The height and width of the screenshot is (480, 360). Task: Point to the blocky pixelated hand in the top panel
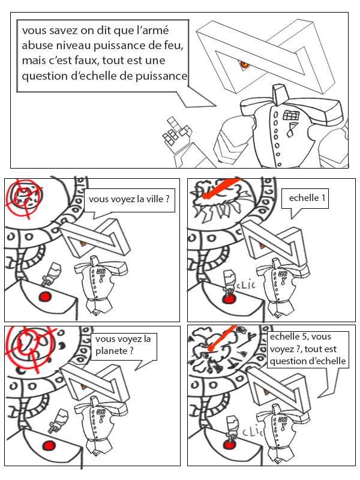tap(173, 131)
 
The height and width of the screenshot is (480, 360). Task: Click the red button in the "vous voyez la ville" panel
tap(44, 297)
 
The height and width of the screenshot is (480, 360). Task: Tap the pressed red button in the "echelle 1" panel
tap(227, 297)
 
